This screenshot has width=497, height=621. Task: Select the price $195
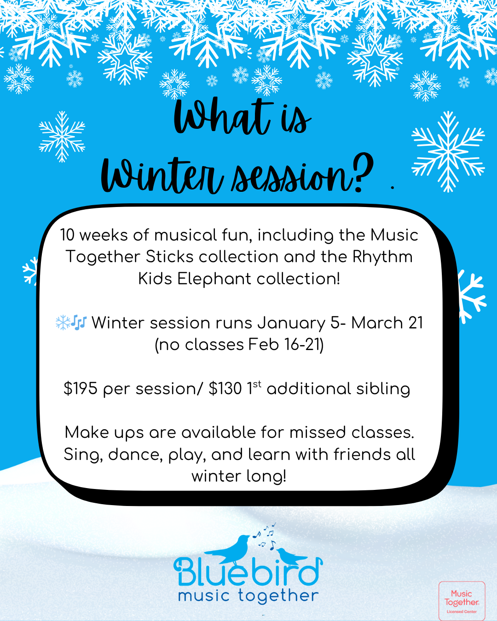click(x=80, y=388)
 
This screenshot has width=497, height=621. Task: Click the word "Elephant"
click(x=214, y=279)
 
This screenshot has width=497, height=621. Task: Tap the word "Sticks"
click(x=169, y=257)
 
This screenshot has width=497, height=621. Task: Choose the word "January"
click(x=291, y=323)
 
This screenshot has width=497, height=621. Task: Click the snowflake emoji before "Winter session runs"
click(x=63, y=322)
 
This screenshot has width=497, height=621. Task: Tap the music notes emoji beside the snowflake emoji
click(x=79, y=322)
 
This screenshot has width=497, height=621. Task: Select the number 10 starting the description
click(x=68, y=235)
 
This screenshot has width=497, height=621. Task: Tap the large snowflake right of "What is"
click(x=448, y=151)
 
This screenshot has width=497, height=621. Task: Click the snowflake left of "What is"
click(x=62, y=137)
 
